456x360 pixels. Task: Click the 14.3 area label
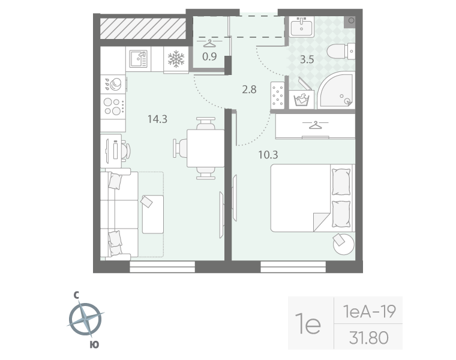coord(157,119)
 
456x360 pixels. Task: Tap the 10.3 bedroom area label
coord(268,155)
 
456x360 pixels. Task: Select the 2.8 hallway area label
coord(249,89)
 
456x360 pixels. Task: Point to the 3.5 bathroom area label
coord(307,59)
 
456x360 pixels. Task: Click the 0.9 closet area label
coord(209,56)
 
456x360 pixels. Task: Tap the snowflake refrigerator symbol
coord(176,59)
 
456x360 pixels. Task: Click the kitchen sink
coord(138,59)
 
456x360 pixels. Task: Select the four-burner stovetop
coord(113,106)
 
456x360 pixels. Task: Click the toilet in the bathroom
coord(341,52)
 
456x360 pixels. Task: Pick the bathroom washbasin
coord(301,26)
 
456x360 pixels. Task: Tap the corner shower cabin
coord(335,90)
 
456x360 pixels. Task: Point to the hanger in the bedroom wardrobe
coord(315,125)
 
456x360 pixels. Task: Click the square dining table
coord(205,148)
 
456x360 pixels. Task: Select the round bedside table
coord(343,244)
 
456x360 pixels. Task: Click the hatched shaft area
coord(143,28)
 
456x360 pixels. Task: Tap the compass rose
coord(85,319)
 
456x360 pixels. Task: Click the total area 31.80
coord(369,338)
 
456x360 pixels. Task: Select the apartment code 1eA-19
coord(369,311)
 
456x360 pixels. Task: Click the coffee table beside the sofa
coord(152,214)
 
